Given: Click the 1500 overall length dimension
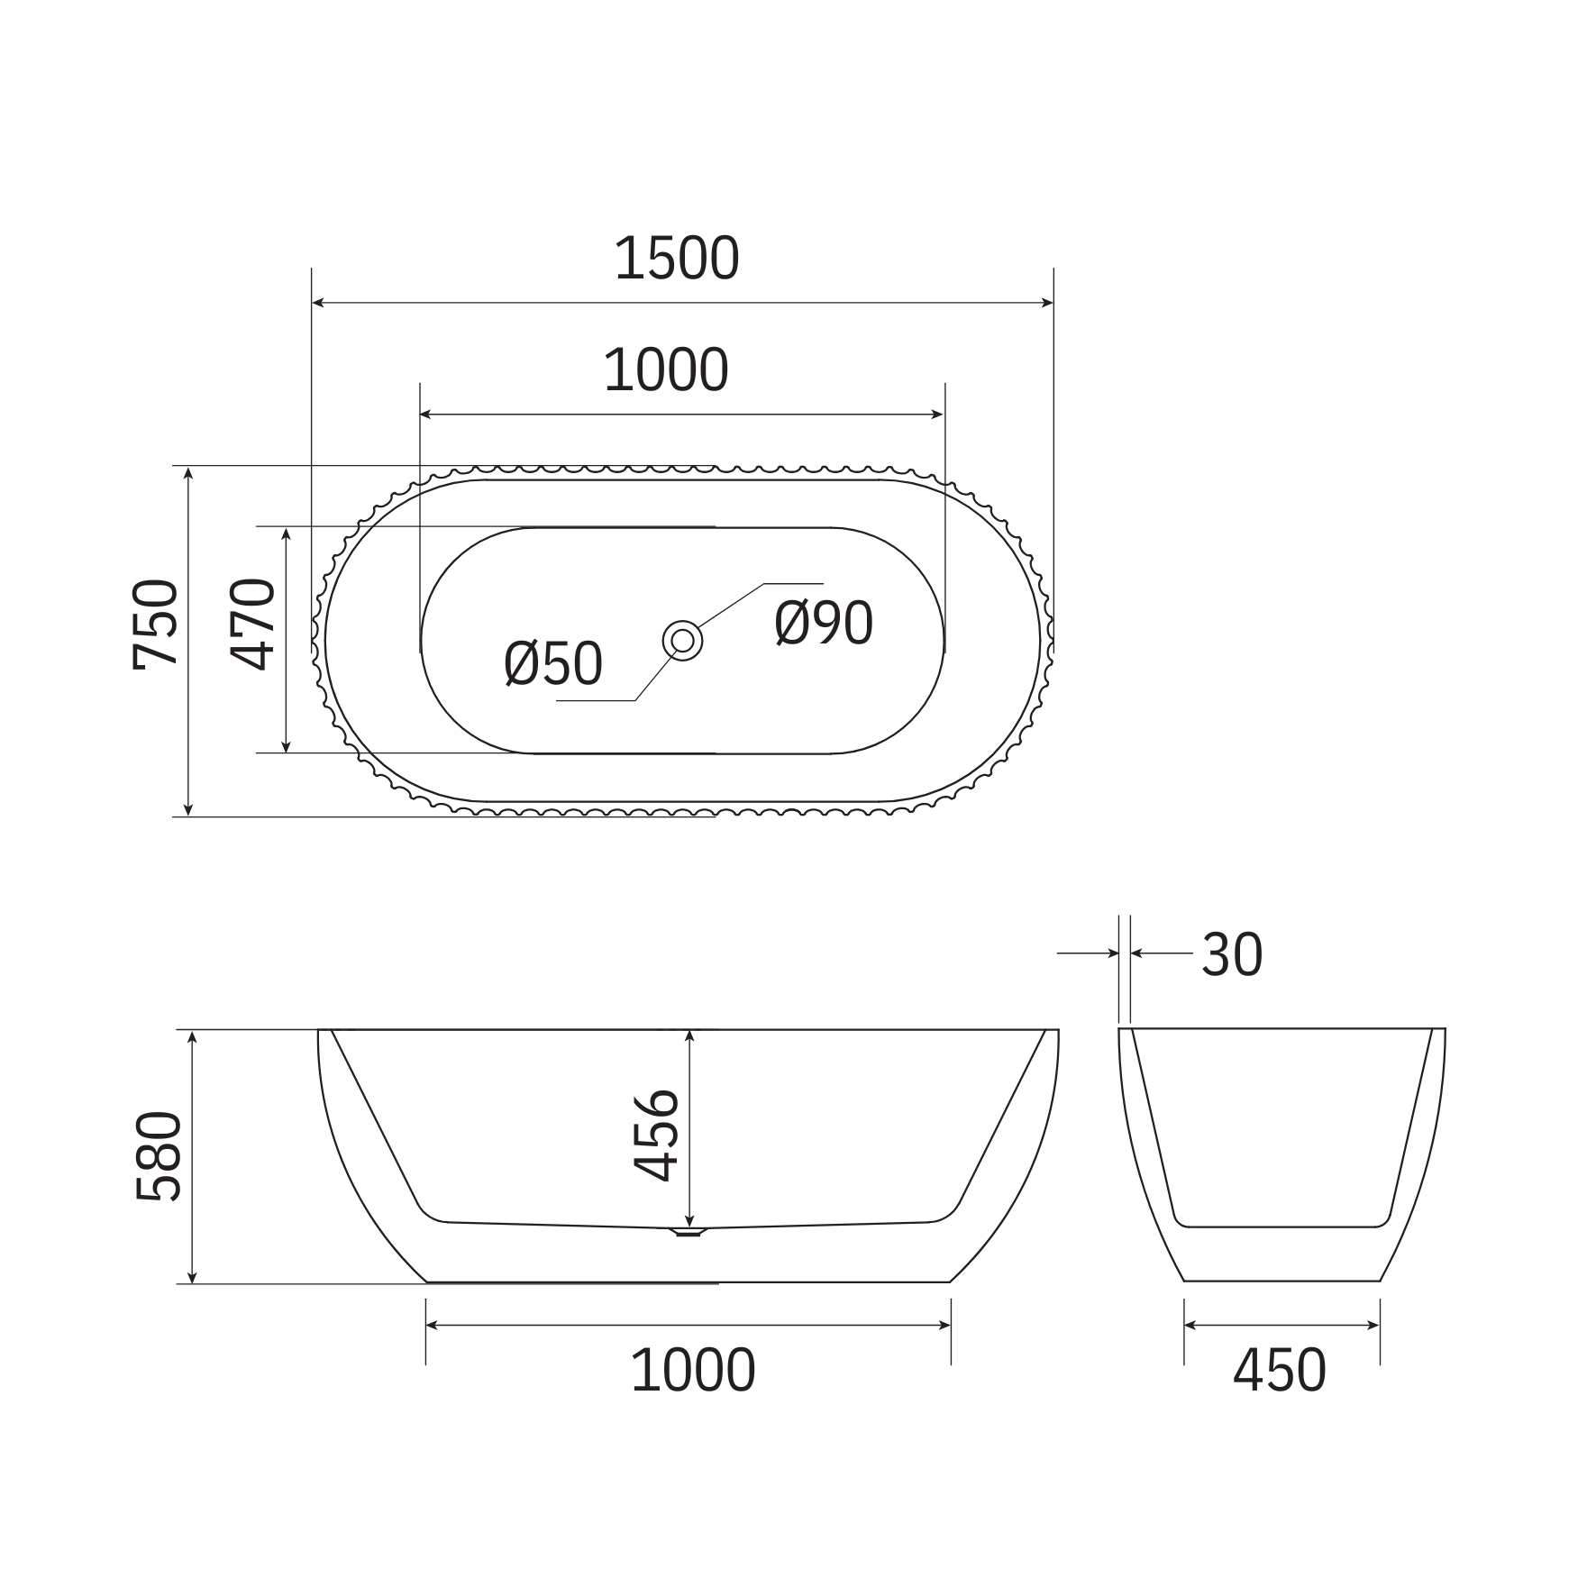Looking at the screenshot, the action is (x=676, y=258).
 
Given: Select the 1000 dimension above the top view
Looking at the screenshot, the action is (x=666, y=370).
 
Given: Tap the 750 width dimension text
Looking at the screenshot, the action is (x=155, y=625).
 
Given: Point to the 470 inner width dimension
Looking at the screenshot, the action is (x=251, y=625).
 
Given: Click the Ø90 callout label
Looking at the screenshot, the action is (x=824, y=623).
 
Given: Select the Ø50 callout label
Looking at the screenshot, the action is (x=553, y=664).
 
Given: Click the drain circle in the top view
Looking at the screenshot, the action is (x=682, y=641).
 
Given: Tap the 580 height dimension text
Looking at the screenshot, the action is (x=159, y=1156).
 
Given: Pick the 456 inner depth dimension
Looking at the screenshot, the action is (x=655, y=1135).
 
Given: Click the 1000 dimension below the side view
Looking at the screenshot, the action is (x=693, y=1371).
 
